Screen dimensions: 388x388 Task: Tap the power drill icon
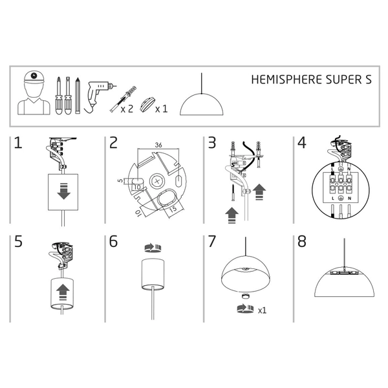pos(95,96)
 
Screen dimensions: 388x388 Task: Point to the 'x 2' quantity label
pos(127,109)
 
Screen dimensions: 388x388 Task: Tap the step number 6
pos(113,241)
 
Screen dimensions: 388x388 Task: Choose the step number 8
pos(301,241)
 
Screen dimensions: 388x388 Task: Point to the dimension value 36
pos(158,145)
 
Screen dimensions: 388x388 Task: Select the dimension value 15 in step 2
pos(174,210)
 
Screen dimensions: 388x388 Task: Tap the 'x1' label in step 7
pos(262,311)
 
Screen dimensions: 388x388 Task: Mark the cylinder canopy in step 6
pos(153,275)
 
